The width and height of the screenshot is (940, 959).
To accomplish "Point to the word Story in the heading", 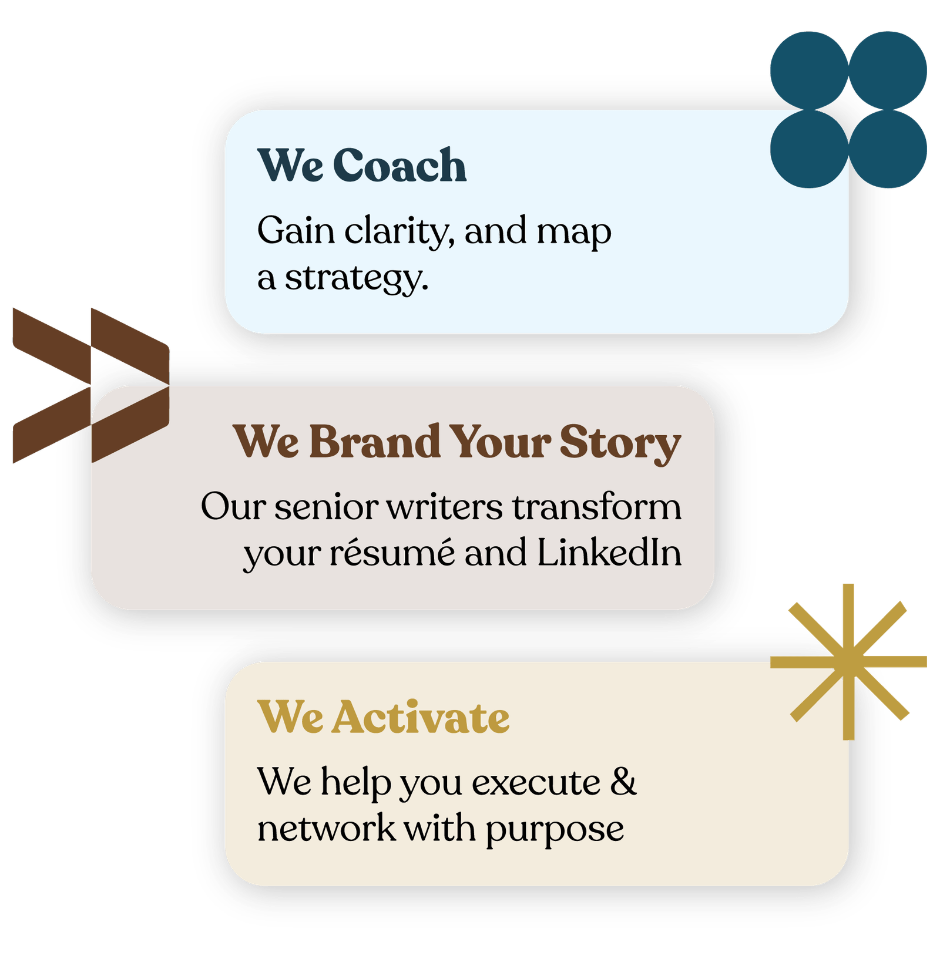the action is tap(620, 443).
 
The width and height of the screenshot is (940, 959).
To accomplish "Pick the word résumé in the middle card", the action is tap(392, 552).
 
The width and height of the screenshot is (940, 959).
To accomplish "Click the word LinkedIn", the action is tap(609, 552).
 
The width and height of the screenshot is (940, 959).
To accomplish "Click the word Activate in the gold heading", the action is tap(421, 717).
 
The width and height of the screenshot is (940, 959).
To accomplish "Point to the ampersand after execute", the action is tap(623, 782).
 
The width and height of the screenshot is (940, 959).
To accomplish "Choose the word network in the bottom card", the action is tap(327, 828).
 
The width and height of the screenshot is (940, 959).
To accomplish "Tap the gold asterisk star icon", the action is tap(848, 662).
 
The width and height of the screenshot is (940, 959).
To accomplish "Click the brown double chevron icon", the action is tap(91, 385).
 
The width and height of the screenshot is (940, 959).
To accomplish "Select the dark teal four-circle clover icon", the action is tap(848, 110).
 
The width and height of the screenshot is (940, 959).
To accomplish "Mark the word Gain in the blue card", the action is tap(296, 230).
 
